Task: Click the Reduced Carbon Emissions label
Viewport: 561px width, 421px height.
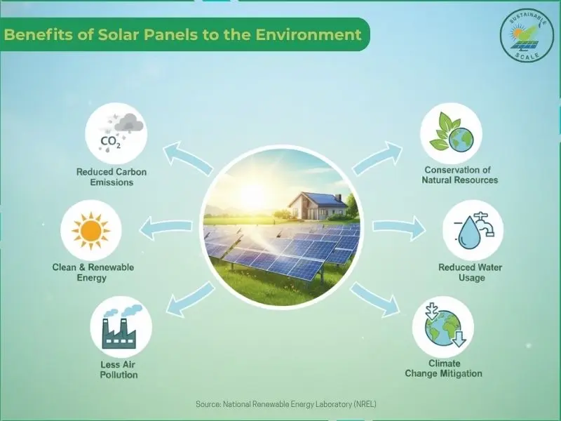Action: [x=112, y=177]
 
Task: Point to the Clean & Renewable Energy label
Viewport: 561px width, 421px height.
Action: [x=93, y=272]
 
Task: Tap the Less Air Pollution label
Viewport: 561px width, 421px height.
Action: [x=119, y=369]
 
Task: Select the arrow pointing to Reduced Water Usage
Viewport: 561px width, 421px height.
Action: [x=398, y=227]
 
